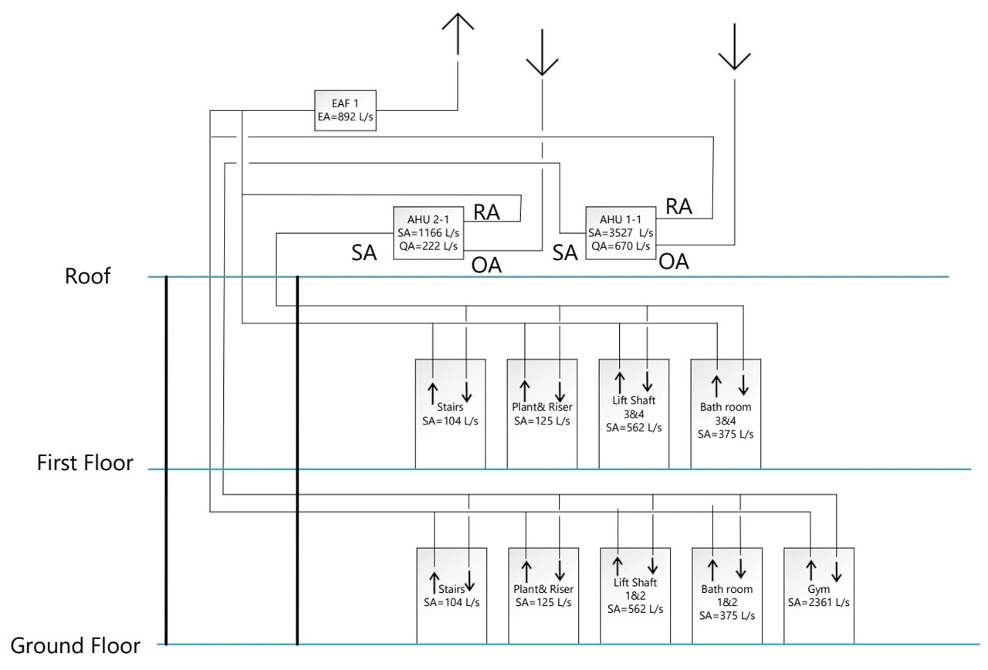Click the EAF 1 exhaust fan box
coord(345,110)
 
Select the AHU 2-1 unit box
coord(428,233)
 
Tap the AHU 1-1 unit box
coord(621,233)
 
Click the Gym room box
coord(819,596)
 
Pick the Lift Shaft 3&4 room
coord(634,414)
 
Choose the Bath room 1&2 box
coord(727,596)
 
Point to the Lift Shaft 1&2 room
coord(635,596)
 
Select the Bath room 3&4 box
coord(726,414)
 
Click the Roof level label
coord(88,276)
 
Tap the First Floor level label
coord(85,462)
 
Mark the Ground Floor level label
coord(75,645)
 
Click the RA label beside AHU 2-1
coord(486,212)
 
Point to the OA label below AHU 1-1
coord(674,262)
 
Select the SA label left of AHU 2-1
coord(364,252)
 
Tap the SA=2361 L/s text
coord(819,603)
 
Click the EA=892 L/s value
coord(345,117)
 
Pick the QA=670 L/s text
coord(621,246)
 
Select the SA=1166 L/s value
coord(428,233)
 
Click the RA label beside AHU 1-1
coord(678,206)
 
